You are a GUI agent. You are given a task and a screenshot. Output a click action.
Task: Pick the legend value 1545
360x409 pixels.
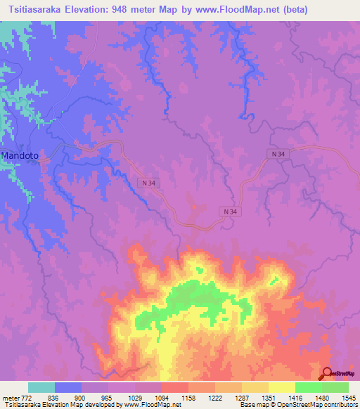(x=347, y=398)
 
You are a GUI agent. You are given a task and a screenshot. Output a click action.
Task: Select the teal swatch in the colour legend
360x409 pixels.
(x=41, y=387)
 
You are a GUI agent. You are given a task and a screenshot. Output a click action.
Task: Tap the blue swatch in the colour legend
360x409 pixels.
(x=68, y=387)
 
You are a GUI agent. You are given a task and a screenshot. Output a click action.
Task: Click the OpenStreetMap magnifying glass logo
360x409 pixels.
(x=326, y=373)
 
